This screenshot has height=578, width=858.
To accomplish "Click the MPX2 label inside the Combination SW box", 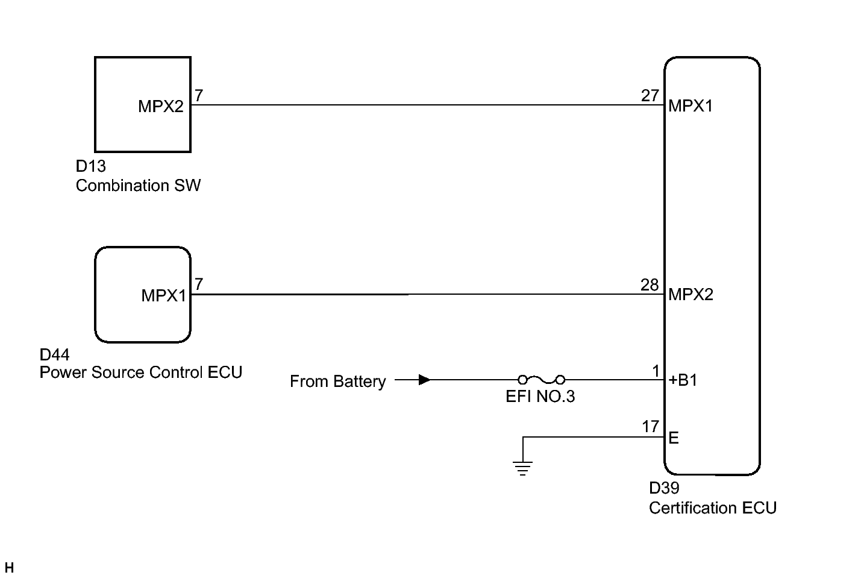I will (160, 107).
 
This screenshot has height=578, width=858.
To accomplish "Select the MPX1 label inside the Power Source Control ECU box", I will (163, 295).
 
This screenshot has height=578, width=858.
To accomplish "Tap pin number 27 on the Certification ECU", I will (650, 96).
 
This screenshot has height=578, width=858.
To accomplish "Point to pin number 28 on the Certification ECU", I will (650, 284).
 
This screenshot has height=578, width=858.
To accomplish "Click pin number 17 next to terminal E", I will (650, 427).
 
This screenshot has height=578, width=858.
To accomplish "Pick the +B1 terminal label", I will (683, 380).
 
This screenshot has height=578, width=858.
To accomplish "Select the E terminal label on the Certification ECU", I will (674, 438).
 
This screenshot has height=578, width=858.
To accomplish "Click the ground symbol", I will (522, 468).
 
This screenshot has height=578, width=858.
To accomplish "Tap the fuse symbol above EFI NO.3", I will (541, 380).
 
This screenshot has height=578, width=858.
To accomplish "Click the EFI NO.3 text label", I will (540, 397).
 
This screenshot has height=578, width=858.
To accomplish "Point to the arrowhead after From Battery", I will (424, 380).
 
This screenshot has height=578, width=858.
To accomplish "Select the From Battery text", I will (337, 382).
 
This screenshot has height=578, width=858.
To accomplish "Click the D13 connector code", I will (90, 167).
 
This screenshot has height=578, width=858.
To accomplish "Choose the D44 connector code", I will (54, 355).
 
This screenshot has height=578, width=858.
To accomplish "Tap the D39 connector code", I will (664, 488).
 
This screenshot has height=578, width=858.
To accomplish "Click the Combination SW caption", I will (138, 186).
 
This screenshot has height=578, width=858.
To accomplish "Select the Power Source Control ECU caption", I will (140, 372).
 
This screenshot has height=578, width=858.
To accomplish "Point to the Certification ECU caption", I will (712, 508).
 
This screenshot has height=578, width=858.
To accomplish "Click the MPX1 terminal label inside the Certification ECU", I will (690, 106).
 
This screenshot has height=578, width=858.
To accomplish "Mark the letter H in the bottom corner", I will (9, 568).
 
